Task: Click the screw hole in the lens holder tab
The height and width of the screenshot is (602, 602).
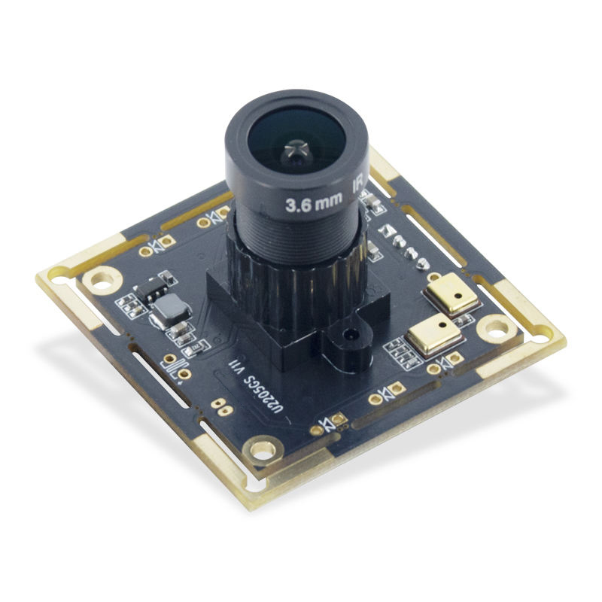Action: tap(348, 333)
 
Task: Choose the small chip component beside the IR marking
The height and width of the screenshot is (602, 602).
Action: tap(371, 202)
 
